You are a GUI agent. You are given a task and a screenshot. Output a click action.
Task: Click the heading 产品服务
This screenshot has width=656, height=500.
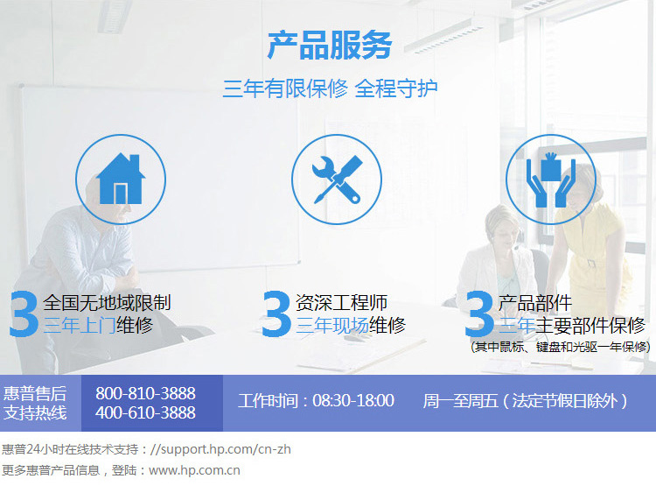coord(330,45)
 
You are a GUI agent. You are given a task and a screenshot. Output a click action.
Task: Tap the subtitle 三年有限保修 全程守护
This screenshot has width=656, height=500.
coord(330,88)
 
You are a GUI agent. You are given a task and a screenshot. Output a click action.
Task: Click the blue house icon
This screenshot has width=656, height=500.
coord(121,179)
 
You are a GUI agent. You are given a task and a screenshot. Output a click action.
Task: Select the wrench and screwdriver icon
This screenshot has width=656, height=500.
coord(337,180)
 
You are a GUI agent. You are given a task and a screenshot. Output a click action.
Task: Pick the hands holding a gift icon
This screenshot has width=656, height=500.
coord(550,180)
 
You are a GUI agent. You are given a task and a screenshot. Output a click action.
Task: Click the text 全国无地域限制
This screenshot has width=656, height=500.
coord(107,303)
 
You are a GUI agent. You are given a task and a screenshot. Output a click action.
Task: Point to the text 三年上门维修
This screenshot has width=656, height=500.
coord(98,326)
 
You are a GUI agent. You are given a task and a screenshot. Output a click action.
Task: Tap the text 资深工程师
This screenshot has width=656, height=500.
coord(341,303)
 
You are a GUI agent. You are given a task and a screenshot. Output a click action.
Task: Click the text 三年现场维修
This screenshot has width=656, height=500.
coord(351,326)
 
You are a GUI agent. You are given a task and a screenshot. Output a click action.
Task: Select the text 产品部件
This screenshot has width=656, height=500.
coord(535,303)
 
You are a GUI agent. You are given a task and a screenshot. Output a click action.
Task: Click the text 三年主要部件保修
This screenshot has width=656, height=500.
coord(572,326)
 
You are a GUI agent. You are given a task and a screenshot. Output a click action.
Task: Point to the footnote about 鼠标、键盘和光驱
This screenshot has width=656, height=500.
coord(560,347)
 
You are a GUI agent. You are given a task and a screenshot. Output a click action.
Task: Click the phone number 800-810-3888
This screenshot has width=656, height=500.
coord(145,393)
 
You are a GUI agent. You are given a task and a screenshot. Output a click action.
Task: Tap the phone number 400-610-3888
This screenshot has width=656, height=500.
coord(145,413)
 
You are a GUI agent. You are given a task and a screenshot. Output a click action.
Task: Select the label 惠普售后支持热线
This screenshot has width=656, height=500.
coord(35,403)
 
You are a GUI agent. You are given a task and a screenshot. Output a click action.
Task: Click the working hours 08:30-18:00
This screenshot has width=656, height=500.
coord(353,401)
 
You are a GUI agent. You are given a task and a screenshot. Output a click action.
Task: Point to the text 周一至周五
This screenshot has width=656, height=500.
coord(460,401)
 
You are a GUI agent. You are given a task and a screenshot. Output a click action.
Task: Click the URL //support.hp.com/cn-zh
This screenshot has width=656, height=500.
coord(220,449)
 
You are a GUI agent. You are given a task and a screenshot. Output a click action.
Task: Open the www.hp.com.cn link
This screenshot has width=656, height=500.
coord(194,470)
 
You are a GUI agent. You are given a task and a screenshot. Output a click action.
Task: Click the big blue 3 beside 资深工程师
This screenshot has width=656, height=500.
coord(276,314)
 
